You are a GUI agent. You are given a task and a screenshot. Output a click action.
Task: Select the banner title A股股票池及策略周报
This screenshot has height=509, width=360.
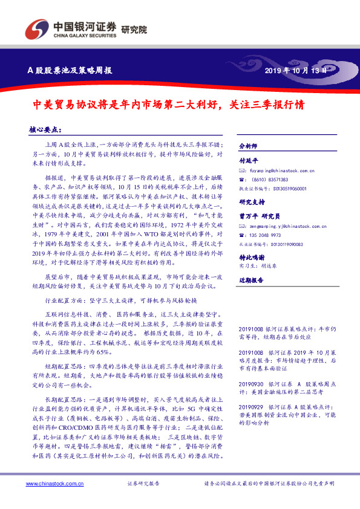[70, 70]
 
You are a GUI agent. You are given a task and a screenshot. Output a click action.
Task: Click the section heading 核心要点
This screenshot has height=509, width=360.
[45, 129]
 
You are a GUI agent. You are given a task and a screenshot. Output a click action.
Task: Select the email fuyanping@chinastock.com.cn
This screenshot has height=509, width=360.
[278, 171]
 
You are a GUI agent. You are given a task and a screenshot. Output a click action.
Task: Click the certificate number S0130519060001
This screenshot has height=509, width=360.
[289, 188]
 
